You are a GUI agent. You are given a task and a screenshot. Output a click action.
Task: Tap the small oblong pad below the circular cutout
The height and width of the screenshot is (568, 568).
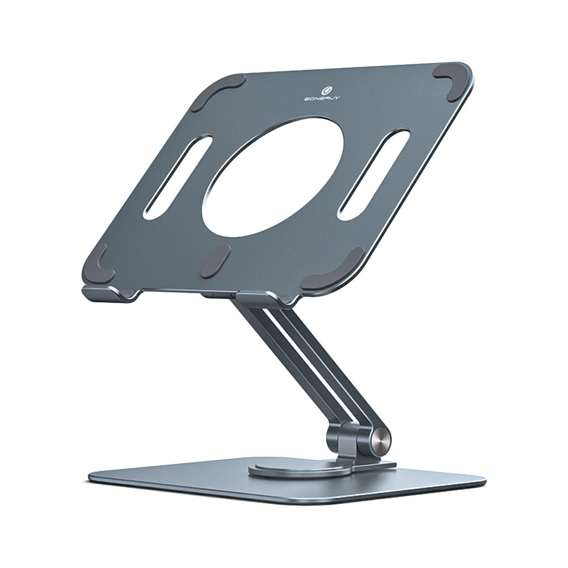tap(215, 261)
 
